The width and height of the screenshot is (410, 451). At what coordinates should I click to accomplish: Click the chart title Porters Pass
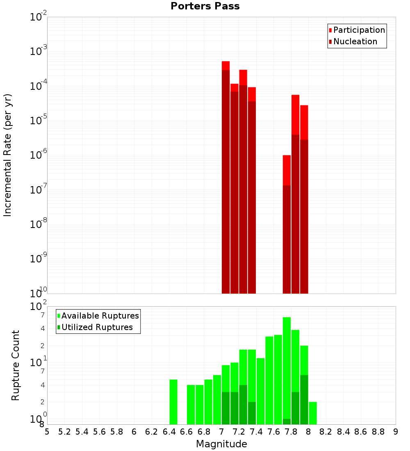click(205, 6)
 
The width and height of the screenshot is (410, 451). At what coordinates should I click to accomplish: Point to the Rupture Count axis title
click(16, 365)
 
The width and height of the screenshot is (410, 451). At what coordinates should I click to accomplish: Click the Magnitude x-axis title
click(221, 444)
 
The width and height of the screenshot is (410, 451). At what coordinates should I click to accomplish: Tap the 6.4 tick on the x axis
click(169, 432)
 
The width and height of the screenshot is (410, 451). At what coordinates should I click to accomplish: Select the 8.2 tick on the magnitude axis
click(326, 432)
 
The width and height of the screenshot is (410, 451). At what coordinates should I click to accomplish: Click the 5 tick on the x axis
click(47, 432)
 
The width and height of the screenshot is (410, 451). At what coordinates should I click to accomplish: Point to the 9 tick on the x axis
click(396, 432)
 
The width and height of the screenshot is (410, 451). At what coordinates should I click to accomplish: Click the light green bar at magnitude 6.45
click(173, 402)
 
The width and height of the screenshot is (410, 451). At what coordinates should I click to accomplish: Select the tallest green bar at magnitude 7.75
click(287, 369)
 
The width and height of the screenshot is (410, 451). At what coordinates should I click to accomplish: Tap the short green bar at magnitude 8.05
click(313, 413)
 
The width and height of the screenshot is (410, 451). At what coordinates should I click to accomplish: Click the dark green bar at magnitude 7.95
click(304, 400)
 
